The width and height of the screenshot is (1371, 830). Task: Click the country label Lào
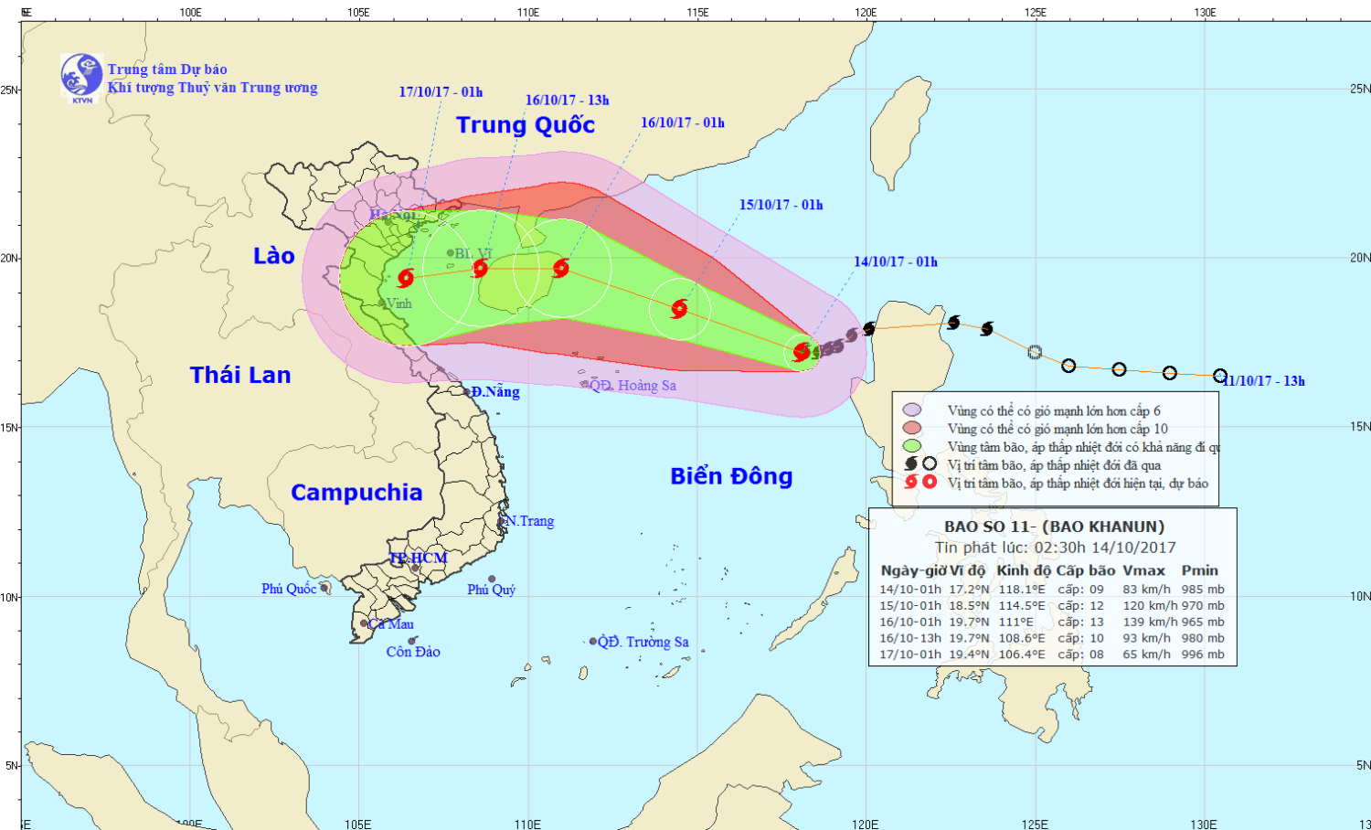tap(273, 256)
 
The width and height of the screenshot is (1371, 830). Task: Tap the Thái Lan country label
tap(240, 375)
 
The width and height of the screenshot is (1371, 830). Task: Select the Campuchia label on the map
tap(356, 493)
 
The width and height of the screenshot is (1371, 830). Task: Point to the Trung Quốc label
tap(526, 125)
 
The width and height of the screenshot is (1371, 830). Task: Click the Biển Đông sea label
tap(731, 476)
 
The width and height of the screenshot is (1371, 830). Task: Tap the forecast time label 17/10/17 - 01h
tap(441, 92)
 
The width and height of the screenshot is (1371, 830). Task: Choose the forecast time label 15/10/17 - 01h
tap(781, 205)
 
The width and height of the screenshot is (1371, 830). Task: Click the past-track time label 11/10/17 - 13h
tap(1264, 381)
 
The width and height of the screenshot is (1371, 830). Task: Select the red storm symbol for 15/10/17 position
tap(679, 308)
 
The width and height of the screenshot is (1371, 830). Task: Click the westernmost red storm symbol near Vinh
tap(406, 278)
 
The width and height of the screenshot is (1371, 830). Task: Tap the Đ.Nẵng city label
tap(495, 392)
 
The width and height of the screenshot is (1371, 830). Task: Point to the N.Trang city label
tap(530, 521)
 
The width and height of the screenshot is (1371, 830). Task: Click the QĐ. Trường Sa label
tap(643, 642)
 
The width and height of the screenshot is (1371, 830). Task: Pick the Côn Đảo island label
tap(413, 652)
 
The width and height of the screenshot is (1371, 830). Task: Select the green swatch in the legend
tap(911, 446)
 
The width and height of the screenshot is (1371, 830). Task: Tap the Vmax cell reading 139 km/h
tap(1146, 622)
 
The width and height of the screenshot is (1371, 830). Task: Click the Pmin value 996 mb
tap(1203, 654)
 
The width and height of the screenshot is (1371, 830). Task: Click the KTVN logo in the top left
tap(81, 76)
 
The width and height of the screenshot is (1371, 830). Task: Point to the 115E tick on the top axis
tap(697, 12)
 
